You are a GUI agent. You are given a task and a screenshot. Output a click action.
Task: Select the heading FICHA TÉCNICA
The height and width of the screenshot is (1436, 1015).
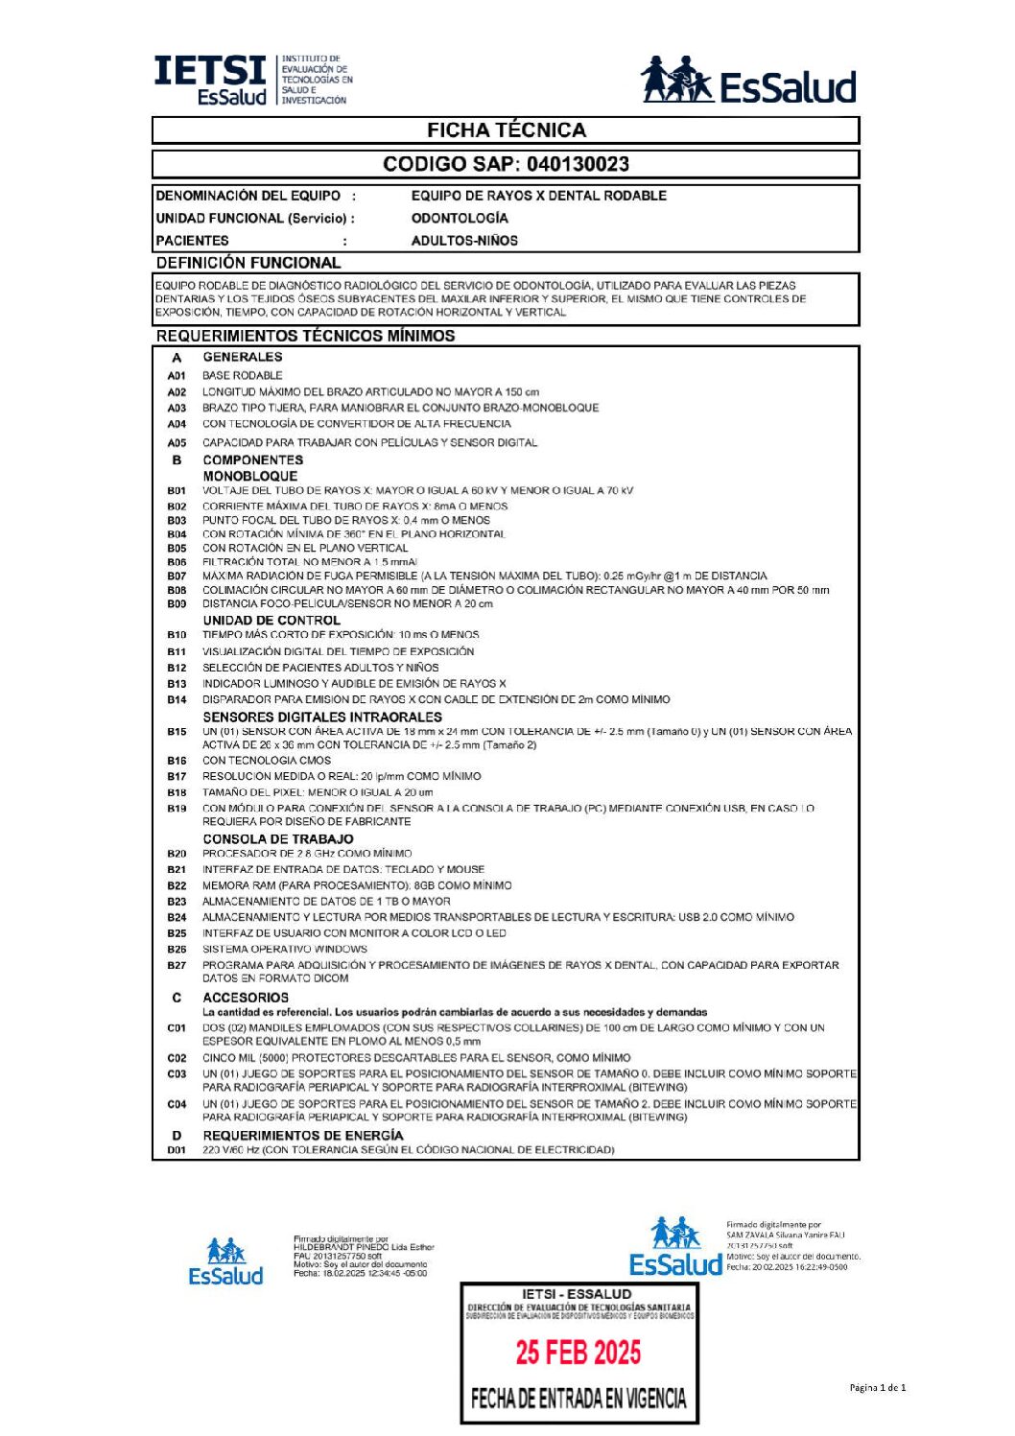(x=506, y=130)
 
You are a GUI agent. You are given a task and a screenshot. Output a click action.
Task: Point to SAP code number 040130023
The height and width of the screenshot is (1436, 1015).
(x=578, y=164)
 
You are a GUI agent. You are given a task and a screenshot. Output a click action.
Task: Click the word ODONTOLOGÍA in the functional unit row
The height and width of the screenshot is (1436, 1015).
(x=460, y=218)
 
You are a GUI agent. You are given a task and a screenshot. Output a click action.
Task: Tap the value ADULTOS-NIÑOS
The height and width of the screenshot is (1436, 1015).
(x=464, y=241)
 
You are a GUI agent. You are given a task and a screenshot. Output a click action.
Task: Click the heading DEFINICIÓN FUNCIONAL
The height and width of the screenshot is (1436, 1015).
(x=248, y=263)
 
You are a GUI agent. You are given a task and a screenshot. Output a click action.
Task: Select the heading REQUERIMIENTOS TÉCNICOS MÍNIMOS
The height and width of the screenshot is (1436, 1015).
(x=305, y=336)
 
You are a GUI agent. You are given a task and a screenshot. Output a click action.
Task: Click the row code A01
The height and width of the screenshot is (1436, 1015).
(x=177, y=376)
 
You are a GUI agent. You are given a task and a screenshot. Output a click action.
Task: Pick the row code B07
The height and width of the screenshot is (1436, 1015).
(x=177, y=577)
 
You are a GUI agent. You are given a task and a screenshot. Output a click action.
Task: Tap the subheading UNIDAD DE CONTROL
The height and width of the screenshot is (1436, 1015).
(x=271, y=621)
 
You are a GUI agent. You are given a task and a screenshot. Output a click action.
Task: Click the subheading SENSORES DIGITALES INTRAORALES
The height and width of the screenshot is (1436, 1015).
(x=321, y=717)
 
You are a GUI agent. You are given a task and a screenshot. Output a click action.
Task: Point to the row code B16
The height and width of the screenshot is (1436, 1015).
(x=177, y=761)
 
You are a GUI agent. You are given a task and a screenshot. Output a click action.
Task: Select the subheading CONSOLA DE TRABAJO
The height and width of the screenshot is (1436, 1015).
(x=277, y=839)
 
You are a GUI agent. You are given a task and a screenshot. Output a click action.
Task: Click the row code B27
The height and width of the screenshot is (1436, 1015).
(x=177, y=966)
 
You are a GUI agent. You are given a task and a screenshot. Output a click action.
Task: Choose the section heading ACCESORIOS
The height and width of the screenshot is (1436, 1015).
(x=245, y=998)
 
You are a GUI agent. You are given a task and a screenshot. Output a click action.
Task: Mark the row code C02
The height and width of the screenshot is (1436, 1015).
(x=177, y=1058)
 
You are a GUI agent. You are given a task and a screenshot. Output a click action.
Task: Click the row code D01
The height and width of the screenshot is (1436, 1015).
(x=177, y=1150)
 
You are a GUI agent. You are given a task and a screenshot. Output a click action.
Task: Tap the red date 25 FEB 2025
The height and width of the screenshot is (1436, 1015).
(x=578, y=1353)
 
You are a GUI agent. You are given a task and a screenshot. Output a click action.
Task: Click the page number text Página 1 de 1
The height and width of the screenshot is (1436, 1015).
(x=877, y=1387)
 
